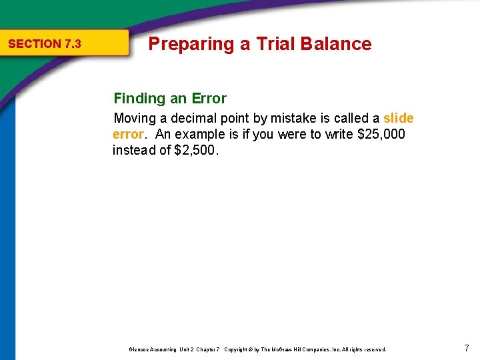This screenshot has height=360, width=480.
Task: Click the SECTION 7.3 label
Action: pos(44,44)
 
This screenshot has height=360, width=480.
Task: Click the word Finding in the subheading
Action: pos(139,99)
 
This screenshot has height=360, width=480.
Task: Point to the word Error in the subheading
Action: pos(209,99)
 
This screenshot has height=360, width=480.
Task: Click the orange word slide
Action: pos(399,119)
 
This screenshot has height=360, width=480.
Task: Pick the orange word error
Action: pos(127,134)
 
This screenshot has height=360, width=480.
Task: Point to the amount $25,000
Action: pos(381,134)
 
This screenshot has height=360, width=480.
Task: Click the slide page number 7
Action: pos(467,348)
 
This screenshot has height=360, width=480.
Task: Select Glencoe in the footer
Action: pos(139,349)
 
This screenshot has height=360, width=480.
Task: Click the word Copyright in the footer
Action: pos(238,349)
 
